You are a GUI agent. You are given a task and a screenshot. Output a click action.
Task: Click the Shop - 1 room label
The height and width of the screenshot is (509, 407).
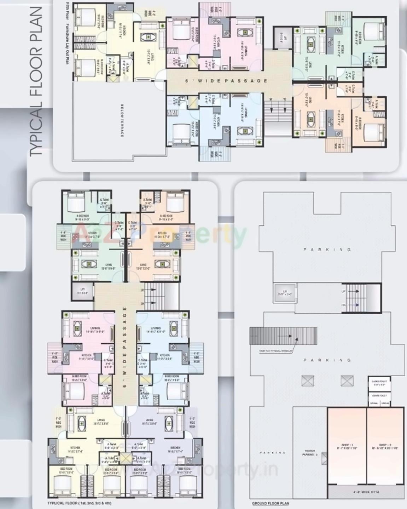[347, 446]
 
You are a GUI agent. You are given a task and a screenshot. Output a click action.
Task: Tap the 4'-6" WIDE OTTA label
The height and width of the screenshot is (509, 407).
[366, 492]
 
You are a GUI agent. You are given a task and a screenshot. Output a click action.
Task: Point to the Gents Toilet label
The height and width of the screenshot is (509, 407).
[379, 395]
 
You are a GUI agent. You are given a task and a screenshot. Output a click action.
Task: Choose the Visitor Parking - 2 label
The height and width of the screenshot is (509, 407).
[310, 453]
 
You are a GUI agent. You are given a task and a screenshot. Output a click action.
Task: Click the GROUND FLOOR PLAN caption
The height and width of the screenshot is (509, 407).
[271, 503]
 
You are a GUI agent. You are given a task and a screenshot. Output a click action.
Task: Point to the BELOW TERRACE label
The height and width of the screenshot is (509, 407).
[122, 120]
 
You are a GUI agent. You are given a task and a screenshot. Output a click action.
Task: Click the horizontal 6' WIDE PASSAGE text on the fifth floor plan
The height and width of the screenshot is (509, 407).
[226, 81]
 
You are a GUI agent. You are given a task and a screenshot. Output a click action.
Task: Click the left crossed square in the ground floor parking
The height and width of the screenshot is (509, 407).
[308, 381]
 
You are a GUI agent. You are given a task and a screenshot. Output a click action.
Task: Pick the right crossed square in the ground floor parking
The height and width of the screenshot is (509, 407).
[347, 381]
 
